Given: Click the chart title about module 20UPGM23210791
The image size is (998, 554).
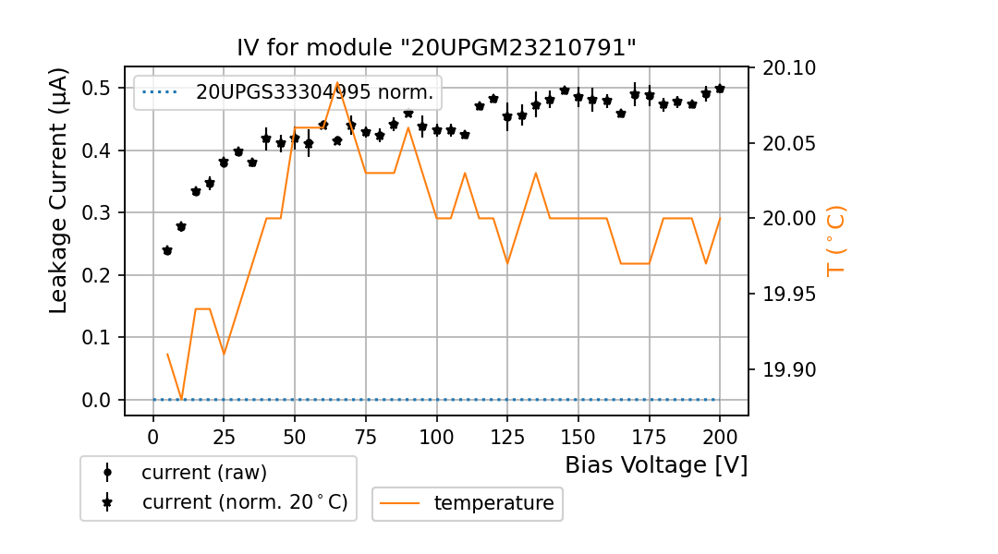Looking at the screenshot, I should click(x=436, y=48).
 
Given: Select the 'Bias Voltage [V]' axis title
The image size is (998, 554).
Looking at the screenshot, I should click(x=656, y=464).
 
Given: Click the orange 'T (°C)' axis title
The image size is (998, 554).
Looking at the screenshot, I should click(x=836, y=240).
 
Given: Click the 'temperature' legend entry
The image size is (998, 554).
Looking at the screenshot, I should click(x=493, y=503).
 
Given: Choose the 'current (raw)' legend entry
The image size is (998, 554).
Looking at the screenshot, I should click(x=203, y=473).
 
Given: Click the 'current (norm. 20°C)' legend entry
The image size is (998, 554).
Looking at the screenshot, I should click(x=244, y=502).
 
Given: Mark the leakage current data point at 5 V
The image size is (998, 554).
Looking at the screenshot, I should click(x=167, y=250).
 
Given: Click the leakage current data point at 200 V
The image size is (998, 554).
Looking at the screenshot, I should click(x=720, y=89).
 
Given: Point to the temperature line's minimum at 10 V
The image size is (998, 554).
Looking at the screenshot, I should click(x=181, y=399).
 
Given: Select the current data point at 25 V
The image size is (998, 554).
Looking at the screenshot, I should click(x=224, y=163).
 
